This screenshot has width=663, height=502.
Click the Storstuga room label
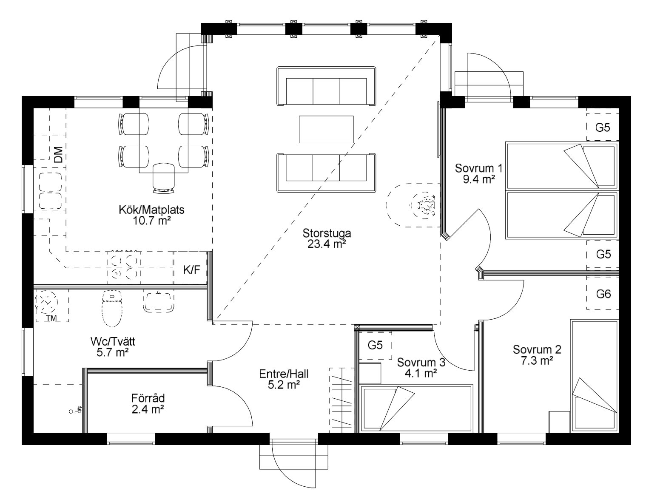point(327,233)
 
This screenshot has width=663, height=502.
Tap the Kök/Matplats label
point(151,210)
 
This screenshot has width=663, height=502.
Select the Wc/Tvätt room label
point(113,341)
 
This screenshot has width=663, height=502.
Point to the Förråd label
point(148,398)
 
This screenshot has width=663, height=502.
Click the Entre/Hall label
point(284,374)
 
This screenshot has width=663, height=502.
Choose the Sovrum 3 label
point(421,362)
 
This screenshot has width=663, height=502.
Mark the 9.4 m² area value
point(479,179)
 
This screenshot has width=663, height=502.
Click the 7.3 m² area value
point(537,360)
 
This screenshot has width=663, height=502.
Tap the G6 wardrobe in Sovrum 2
point(603,293)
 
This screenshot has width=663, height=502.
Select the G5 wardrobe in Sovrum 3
point(375,345)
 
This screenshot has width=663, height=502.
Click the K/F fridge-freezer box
point(191,269)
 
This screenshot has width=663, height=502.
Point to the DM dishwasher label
point(58,155)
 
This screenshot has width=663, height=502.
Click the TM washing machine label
point(51,318)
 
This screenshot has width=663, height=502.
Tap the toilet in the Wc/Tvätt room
point(112,309)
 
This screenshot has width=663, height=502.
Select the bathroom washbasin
point(158,301)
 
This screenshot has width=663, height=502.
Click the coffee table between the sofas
point(326,129)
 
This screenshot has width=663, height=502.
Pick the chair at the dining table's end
point(164,178)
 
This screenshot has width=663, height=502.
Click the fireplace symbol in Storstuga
point(426,205)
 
